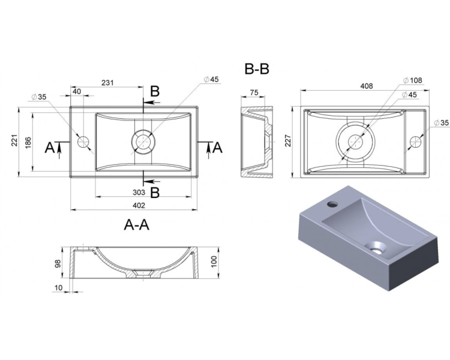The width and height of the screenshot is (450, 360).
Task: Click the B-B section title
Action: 257,69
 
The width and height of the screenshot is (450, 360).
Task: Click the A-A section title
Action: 137,224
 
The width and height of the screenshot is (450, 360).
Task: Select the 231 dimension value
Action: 107,83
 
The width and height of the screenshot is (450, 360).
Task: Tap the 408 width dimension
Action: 367,86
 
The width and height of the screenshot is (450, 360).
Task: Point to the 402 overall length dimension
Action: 139,205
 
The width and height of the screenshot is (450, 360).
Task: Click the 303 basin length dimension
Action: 139,192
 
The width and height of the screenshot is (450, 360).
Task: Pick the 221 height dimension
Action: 14,140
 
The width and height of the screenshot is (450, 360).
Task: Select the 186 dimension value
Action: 28,143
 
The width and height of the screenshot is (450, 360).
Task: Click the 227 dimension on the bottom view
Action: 288,140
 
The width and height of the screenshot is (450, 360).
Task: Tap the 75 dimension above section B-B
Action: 254,92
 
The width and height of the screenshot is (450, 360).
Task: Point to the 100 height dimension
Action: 214,262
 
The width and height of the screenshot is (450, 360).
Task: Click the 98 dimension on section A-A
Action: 58,263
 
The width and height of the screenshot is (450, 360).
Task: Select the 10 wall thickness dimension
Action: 58,287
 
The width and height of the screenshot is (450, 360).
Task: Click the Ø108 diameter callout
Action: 413,80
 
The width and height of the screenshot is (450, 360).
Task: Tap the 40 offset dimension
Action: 77,91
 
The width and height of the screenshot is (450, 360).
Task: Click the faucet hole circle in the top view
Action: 83,142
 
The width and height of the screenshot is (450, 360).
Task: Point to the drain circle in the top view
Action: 143,142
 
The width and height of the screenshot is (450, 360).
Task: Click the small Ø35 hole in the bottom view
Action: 415,142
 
